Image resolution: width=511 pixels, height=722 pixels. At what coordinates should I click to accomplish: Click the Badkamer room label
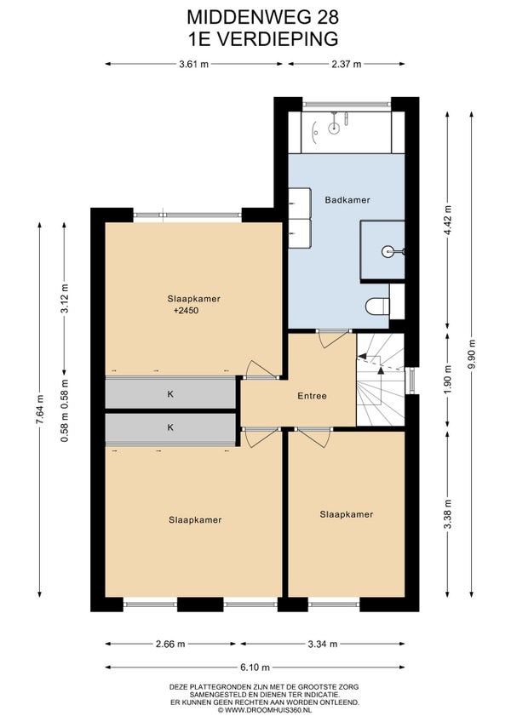347,200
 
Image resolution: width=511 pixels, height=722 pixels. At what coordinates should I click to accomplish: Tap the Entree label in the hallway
312,396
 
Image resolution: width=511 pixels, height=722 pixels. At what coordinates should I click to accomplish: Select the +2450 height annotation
187,311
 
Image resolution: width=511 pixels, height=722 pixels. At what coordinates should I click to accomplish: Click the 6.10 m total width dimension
255,667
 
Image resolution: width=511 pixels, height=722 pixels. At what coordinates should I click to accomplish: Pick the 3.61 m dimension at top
193,64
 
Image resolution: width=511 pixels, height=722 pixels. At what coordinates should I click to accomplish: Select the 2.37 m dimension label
347,64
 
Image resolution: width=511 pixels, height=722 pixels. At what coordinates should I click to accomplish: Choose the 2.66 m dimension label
170,644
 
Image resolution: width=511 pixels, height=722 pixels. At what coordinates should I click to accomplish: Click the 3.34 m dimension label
323,644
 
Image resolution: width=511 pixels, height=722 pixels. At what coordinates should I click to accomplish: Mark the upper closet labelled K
170,394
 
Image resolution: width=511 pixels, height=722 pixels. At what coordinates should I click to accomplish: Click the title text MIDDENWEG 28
262,18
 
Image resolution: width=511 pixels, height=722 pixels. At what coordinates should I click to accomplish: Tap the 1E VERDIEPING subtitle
262,39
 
